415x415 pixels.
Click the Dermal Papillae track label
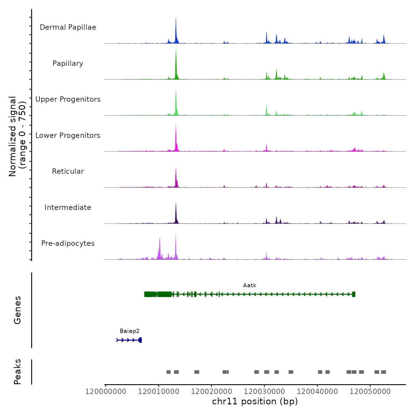68,27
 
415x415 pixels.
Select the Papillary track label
68,63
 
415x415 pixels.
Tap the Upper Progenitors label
68,99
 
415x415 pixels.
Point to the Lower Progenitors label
68,135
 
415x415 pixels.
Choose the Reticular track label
68,171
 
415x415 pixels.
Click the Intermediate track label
68,207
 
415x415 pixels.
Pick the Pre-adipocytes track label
68,243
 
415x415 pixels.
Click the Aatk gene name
250,285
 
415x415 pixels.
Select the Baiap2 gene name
130,331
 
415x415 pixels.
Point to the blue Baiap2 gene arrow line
127,340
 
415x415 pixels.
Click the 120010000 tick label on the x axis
159,392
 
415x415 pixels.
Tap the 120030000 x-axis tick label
264,392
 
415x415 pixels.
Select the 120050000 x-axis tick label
370,392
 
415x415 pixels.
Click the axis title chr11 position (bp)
255,401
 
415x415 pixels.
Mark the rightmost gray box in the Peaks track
384,372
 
